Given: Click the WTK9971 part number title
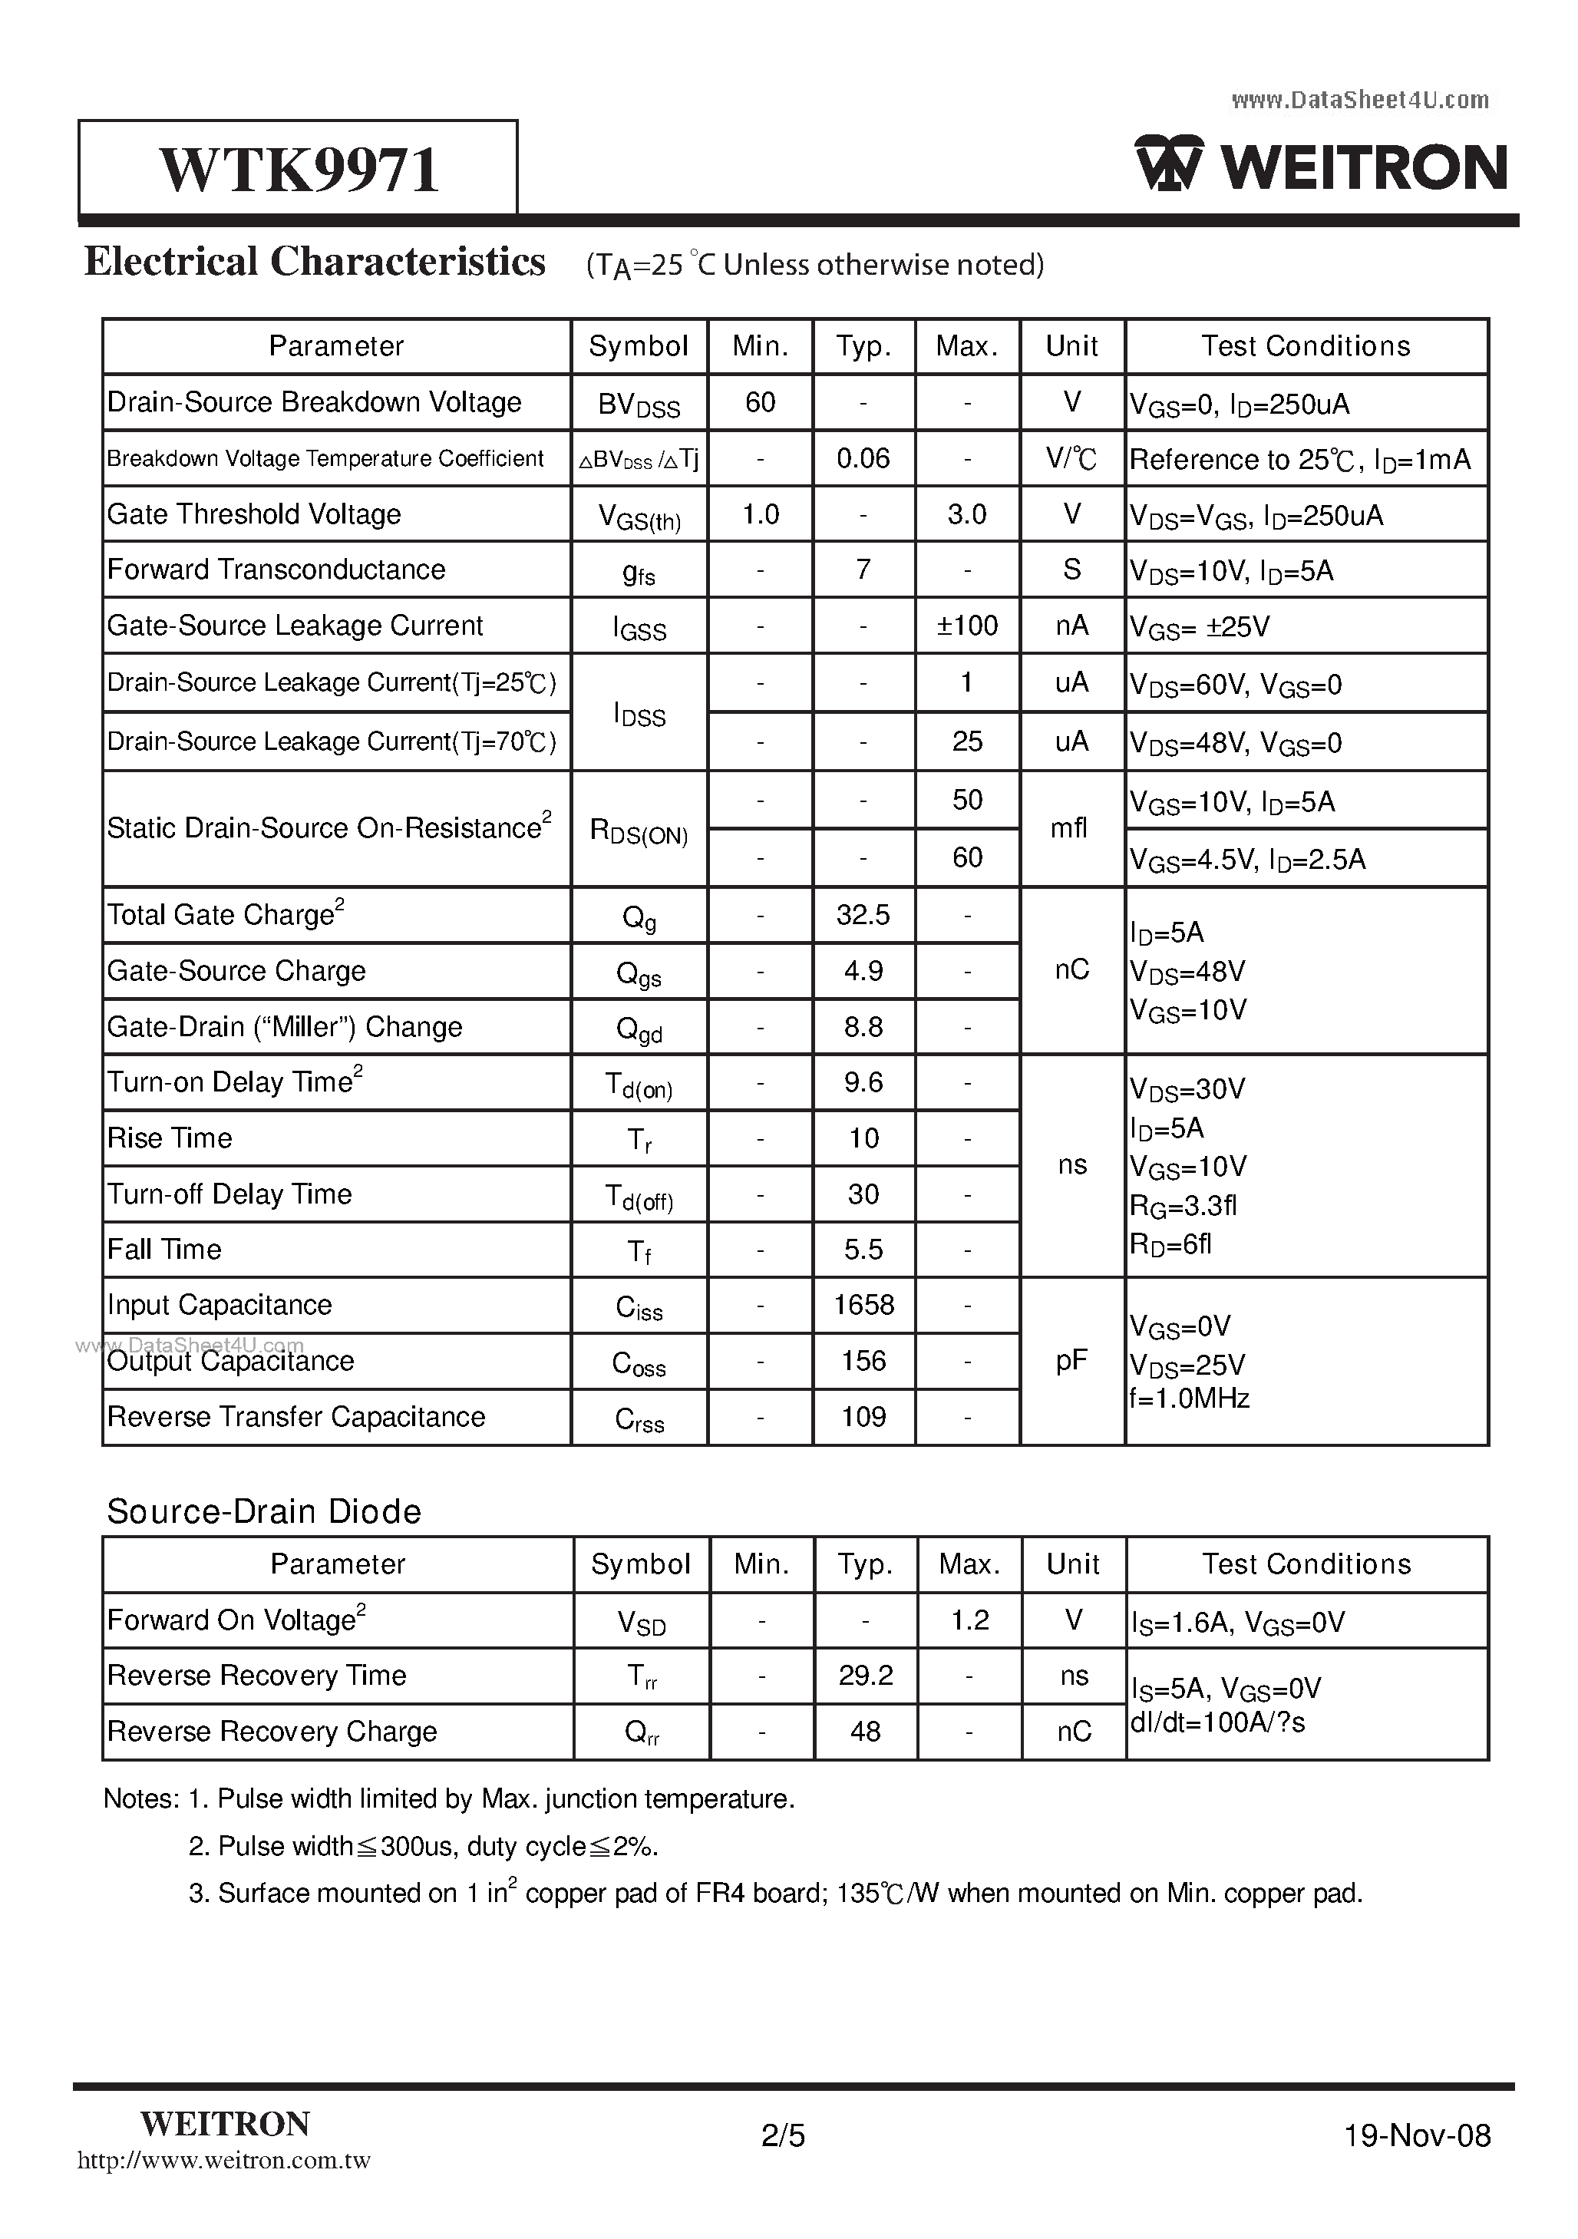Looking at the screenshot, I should tap(299, 170).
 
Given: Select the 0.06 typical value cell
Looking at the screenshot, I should tap(863, 458).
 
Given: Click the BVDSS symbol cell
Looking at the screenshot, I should tap(639, 404).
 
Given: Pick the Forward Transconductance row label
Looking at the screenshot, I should tap(276, 570).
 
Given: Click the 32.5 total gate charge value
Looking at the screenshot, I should tap(863, 915).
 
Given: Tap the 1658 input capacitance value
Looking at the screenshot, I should tap(863, 1305).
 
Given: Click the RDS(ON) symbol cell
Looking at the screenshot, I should tap(639, 831).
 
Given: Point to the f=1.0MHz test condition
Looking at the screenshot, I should tap(1189, 1399).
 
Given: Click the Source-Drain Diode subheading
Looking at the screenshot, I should tap(263, 1511).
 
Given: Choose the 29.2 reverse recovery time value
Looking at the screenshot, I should tap(865, 1676).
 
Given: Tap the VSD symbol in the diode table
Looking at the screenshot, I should tap(641, 1622).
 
